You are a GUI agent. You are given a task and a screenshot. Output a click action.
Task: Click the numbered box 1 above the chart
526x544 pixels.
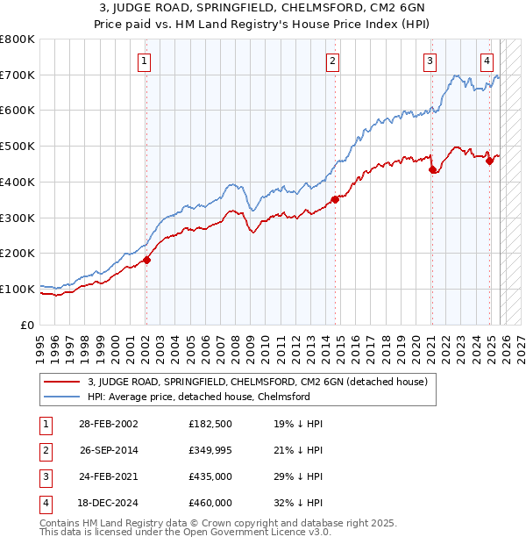click(x=144, y=61)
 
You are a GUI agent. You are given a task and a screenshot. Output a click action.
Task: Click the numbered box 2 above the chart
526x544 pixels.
click(x=333, y=61)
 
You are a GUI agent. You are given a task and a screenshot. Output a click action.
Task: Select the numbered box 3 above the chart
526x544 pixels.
click(x=430, y=61)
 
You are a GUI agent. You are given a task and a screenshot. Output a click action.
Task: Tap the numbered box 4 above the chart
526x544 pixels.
click(x=487, y=61)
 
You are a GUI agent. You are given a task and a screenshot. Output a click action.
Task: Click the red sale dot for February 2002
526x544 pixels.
click(x=146, y=260)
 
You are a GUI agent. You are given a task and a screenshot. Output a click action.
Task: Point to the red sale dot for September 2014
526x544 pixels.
click(x=335, y=200)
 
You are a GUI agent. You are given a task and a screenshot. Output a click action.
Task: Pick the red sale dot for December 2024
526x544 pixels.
click(x=489, y=161)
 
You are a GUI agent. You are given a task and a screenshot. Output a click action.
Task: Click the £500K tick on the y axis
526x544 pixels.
click(x=18, y=147)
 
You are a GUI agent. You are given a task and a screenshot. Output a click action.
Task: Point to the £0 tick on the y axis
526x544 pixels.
click(x=28, y=325)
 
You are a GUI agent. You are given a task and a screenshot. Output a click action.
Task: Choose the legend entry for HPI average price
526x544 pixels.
click(x=199, y=397)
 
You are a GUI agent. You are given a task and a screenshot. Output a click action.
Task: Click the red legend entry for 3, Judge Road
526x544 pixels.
click(x=257, y=382)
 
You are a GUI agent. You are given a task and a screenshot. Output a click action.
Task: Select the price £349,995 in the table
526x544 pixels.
click(x=210, y=451)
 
